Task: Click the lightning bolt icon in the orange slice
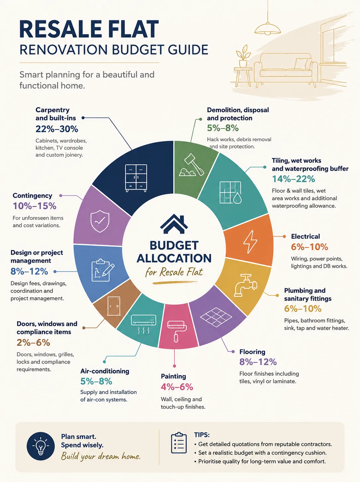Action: (250, 242)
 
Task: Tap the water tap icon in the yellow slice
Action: (245, 285)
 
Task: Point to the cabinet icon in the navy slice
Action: (136, 178)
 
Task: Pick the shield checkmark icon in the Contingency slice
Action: (100, 221)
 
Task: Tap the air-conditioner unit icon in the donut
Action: (143, 324)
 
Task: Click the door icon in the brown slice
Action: (114, 306)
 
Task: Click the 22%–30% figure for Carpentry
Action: (57, 129)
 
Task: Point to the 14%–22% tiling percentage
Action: (294, 179)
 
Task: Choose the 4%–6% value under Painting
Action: (177, 387)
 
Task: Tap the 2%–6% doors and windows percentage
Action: (33, 342)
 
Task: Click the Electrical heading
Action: (305, 236)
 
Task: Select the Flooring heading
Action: (252, 352)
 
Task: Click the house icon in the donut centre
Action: (174, 224)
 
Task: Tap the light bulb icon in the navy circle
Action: (41, 446)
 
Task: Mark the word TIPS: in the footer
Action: (202, 434)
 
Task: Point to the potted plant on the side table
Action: (243, 56)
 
